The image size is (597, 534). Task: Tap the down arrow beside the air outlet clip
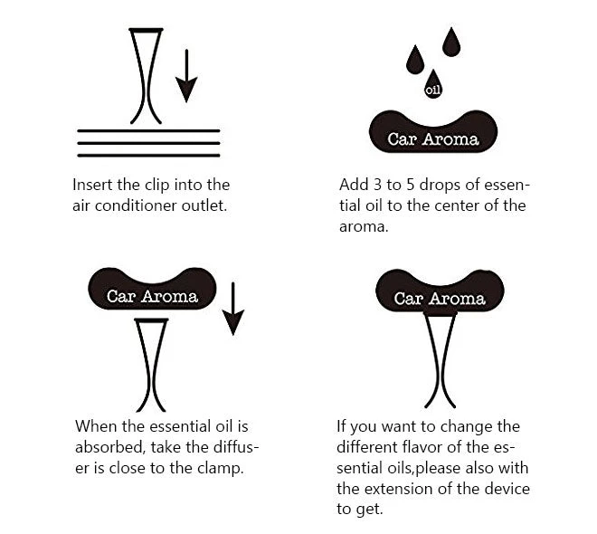tap(186, 76)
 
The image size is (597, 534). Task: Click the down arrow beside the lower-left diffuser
tap(233, 309)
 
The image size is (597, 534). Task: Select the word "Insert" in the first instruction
tap(92, 185)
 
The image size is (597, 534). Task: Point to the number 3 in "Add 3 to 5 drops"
tap(377, 185)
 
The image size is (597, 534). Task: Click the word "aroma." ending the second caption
tap(364, 227)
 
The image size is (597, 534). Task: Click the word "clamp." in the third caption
tap(221, 469)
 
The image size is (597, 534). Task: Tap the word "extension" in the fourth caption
tap(397, 489)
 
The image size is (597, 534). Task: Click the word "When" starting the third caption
tap(96, 426)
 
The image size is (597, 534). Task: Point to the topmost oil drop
tap(451, 43)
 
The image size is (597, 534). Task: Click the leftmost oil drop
tap(415, 60)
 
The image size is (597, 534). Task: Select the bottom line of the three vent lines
tap(148, 156)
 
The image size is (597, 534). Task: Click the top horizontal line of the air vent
tap(148, 130)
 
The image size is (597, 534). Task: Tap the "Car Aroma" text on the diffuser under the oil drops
tap(433, 139)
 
